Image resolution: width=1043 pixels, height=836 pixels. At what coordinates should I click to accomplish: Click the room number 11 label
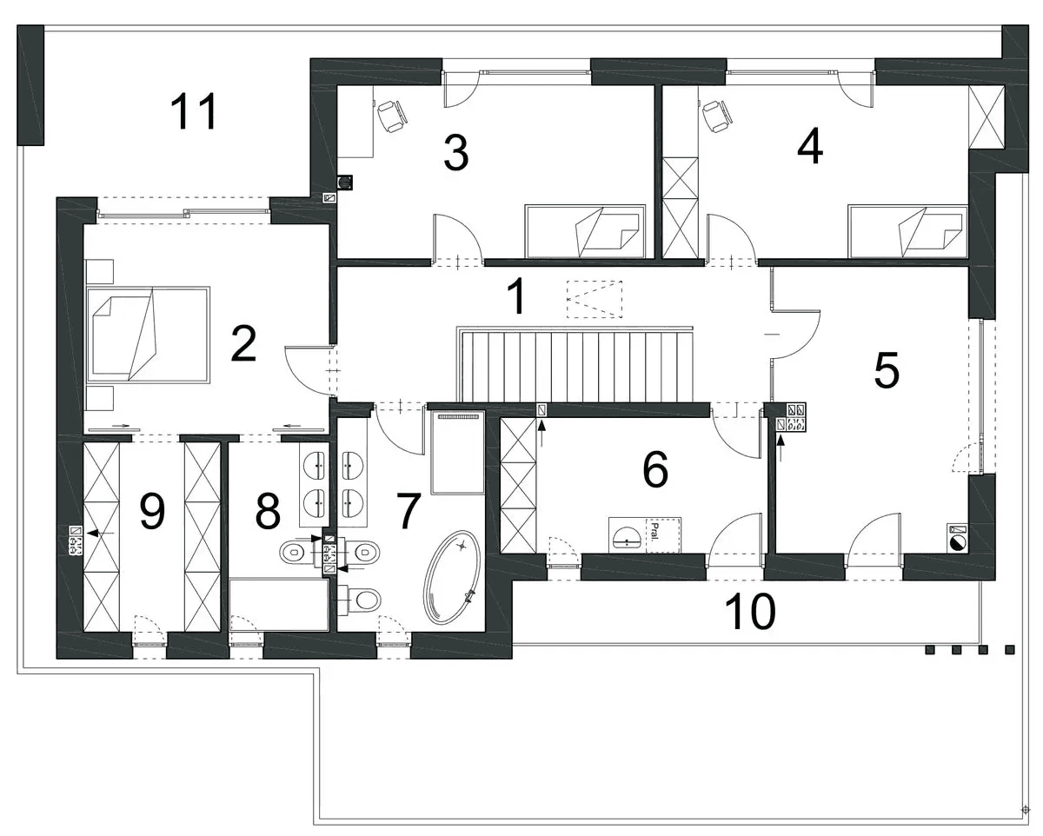coord(195,112)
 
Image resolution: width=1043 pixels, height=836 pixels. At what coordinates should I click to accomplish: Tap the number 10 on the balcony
coord(750,612)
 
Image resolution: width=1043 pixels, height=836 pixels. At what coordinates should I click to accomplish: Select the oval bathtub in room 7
coord(452,577)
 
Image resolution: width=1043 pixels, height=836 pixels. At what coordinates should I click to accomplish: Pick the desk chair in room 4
coord(716,116)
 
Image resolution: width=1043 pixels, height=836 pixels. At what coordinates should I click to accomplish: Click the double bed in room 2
coord(149,335)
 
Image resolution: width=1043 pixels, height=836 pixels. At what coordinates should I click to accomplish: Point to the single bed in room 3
coord(586,231)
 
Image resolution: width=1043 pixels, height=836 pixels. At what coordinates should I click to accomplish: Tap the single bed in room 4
coord(907,231)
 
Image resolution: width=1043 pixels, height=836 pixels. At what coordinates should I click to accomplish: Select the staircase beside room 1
coord(575,364)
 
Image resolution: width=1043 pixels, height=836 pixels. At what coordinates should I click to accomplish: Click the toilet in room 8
coord(296,551)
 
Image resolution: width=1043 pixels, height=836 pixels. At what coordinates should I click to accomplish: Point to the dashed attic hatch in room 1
coord(595,299)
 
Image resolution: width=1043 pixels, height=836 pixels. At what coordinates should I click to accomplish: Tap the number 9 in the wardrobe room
coord(152,511)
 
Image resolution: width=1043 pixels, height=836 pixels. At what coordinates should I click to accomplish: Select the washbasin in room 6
coord(628,536)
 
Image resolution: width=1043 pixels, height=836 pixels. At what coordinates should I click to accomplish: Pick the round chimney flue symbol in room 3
coord(344,182)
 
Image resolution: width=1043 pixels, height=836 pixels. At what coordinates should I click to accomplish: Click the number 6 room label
coord(655,469)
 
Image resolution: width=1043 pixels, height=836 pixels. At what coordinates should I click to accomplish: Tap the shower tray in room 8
coord(280,604)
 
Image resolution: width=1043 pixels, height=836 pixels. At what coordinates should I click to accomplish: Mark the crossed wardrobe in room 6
coord(518,485)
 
